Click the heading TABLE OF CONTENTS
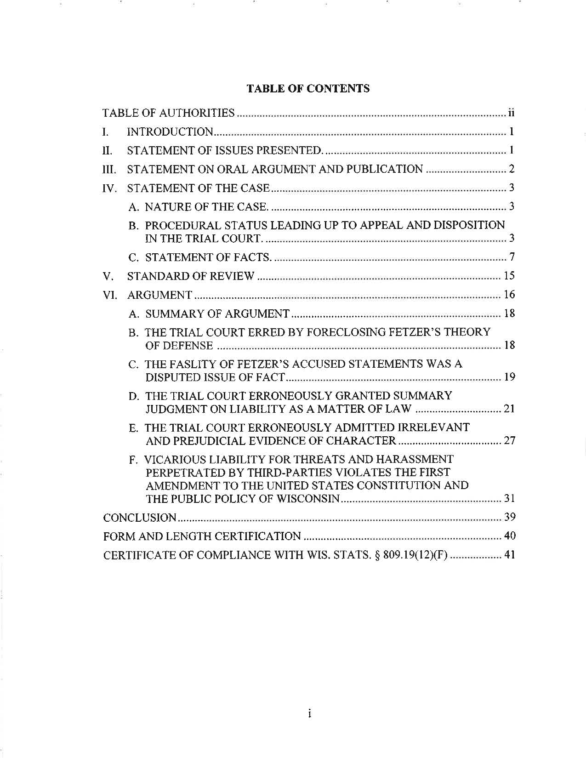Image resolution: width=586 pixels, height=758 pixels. pos(308,89)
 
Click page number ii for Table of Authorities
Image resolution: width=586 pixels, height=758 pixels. pos(511,113)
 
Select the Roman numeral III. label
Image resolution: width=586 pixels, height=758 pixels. pos(109,170)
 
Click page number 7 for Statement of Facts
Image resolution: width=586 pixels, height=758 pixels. pos(512,257)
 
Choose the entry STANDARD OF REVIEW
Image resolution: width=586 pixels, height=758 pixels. pos(190,276)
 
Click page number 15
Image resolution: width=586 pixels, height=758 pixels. pos(509,276)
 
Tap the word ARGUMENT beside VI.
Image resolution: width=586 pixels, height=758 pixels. pos(159,295)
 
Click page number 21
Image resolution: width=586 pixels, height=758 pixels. pos(509,409)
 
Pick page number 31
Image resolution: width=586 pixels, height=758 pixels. pos(509,499)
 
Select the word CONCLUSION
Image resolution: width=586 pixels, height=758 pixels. pos(140,518)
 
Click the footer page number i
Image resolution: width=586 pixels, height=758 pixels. pos(310,714)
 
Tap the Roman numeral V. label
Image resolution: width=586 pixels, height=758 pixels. pos(108,277)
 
